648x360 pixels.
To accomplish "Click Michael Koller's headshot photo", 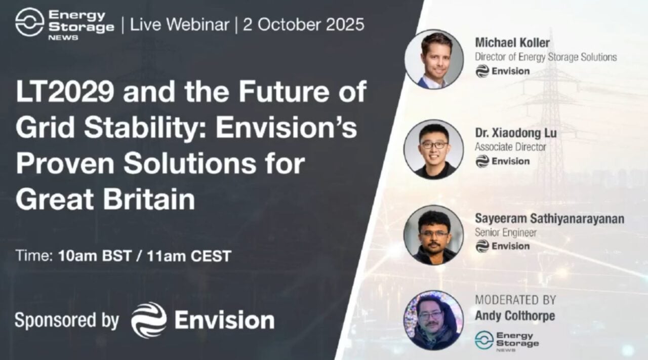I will (x=434, y=59).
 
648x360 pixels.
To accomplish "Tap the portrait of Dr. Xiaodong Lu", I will (x=433, y=149).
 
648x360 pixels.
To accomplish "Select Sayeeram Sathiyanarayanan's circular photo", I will (x=433, y=234).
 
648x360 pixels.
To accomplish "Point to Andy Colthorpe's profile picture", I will (x=433, y=320).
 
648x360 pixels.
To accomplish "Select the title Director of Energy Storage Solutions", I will (x=546, y=57).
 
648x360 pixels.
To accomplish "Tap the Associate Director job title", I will (x=510, y=147).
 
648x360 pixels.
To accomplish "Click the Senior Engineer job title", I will (x=505, y=232).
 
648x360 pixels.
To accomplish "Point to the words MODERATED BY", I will (x=515, y=299).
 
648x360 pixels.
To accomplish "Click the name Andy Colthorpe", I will (x=515, y=315).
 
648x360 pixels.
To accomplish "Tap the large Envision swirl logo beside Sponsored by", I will (x=149, y=320).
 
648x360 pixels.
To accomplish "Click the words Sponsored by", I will (x=67, y=321).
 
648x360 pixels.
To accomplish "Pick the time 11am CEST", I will (x=189, y=256).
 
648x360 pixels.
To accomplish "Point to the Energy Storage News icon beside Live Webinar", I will (x=29, y=22).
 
